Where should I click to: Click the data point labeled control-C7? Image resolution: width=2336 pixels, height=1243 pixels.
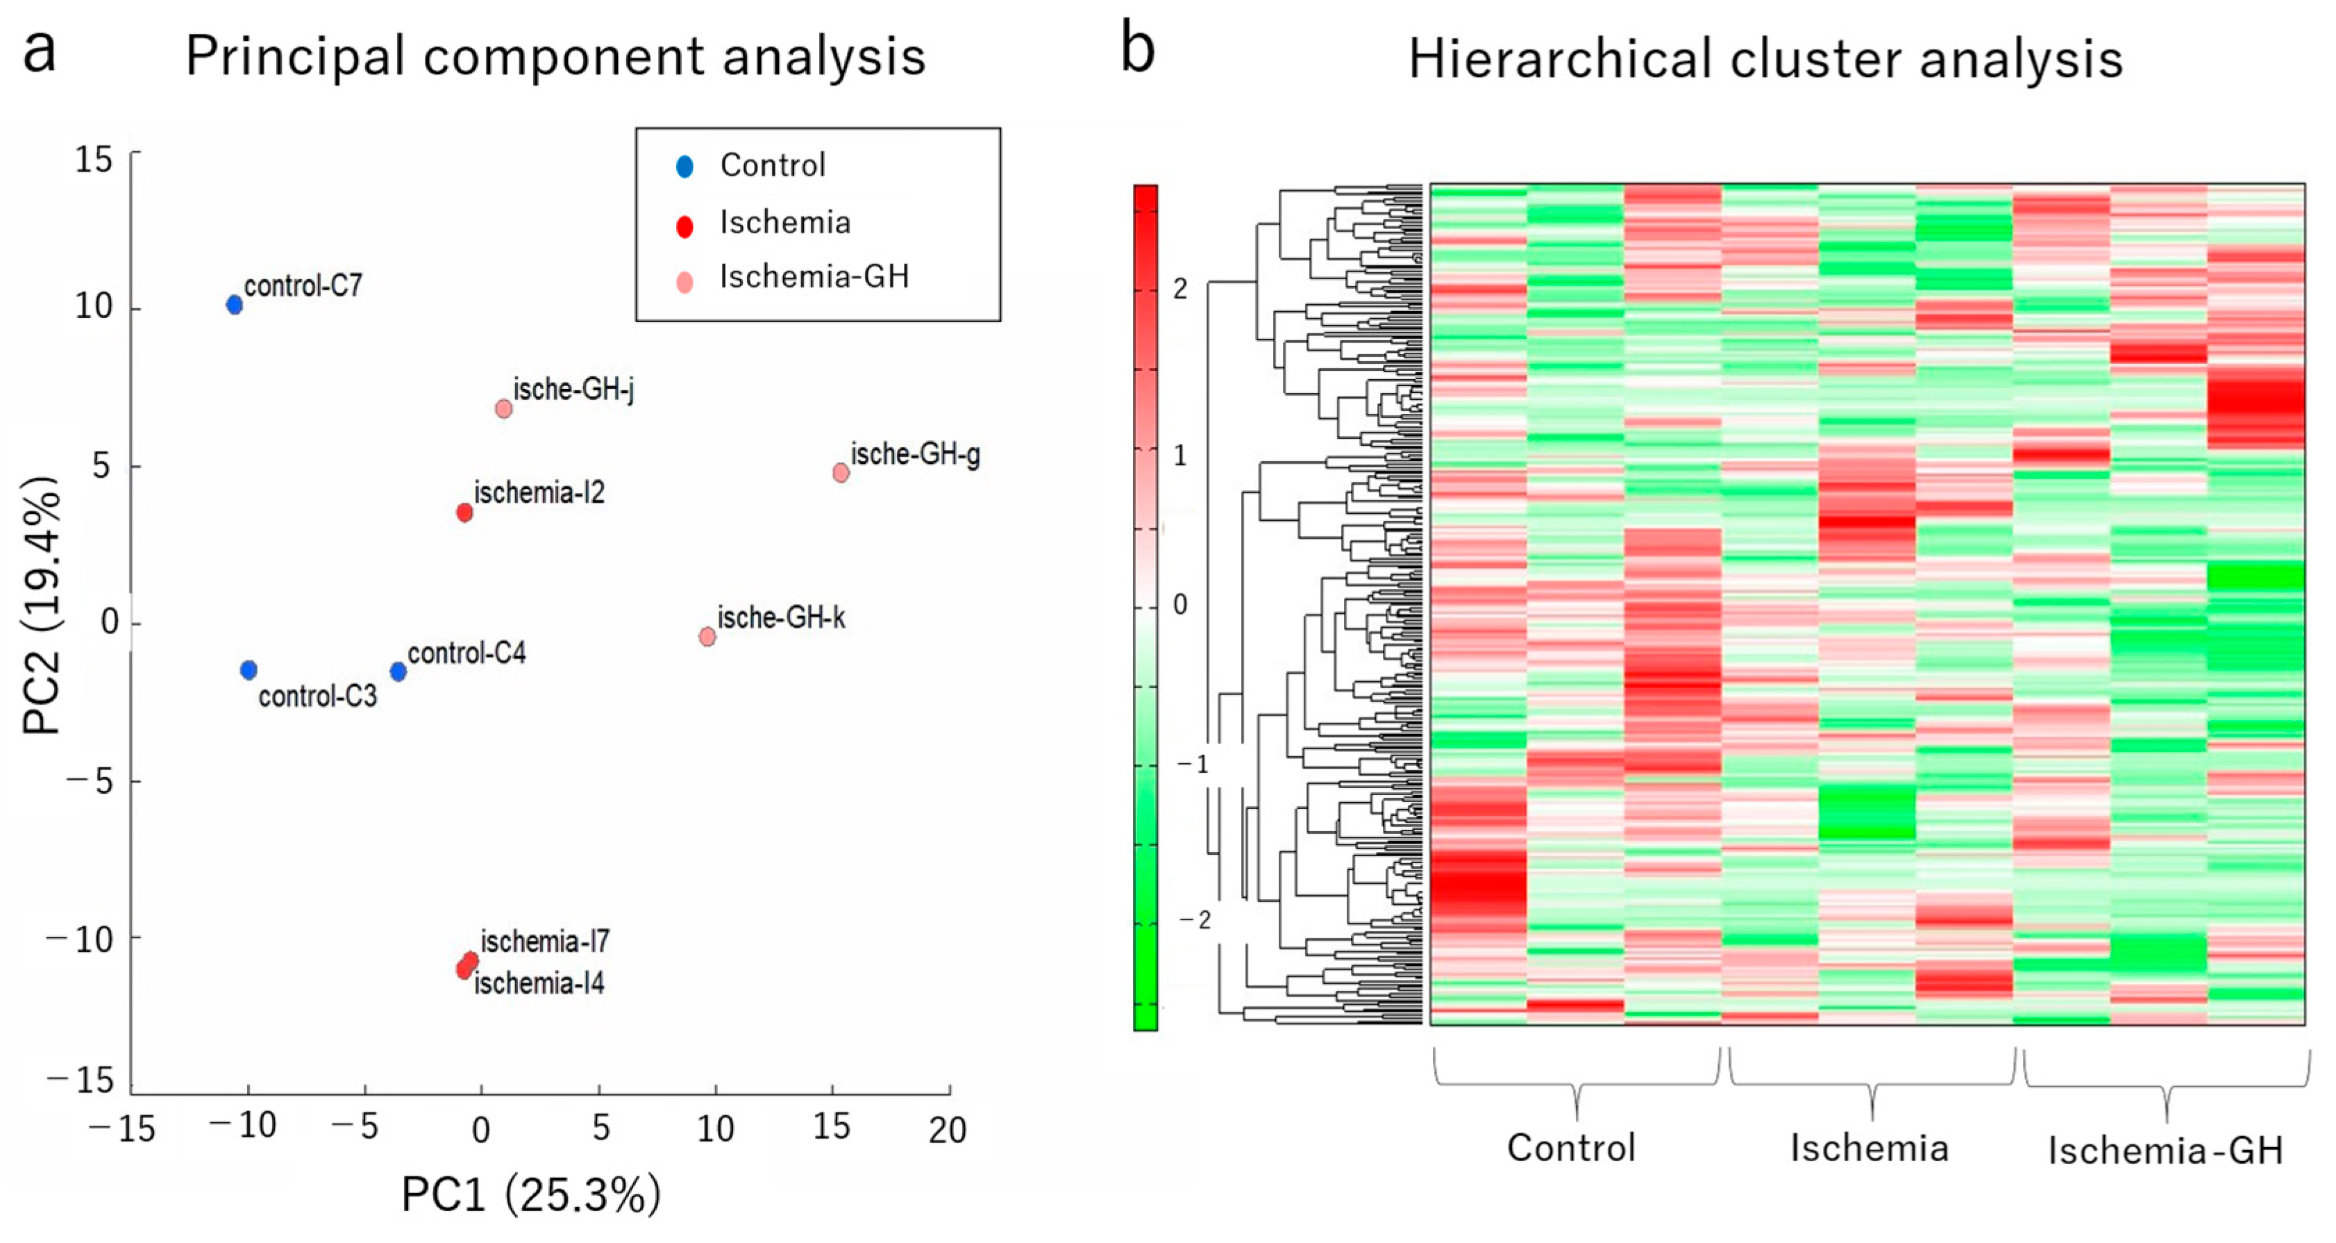pyautogui.click(x=234, y=305)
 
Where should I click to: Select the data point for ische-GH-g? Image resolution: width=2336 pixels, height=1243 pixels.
pyautogui.click(x=841, y=473)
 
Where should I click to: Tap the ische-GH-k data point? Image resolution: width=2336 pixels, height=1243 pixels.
pyautogui.click(x=707, y=636)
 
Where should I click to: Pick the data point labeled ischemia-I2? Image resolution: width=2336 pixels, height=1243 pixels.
pyautogui.click(x=464, y=512)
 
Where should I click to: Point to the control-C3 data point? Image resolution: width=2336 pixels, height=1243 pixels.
pyautogui.click(x=249, y=669)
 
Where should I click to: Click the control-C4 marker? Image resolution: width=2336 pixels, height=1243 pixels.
pyautogui.click(x=398, y=671)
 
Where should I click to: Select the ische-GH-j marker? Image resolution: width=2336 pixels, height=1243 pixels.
pyautogui.click(x=503, y=408)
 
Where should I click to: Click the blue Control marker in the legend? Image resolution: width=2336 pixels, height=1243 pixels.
pyautogui.click(x=684, y=166)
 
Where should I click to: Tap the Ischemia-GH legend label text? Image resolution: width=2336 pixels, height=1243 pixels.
pyautogui.click(x=814, y=277)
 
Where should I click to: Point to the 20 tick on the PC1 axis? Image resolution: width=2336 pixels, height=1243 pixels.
pyautogui.click(x=948, y=1131)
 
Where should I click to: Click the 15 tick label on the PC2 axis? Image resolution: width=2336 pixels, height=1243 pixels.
pyautogui.click(x=94, y=160)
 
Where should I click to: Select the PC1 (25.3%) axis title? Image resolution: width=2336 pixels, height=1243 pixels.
pyautogui.click(x=531, y=1195)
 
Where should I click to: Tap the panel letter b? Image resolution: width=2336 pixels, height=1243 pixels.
pyautogui.click(x=1137, y=50)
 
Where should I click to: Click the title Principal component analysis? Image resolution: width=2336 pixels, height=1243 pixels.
pyautogui.click(x=555, y=56)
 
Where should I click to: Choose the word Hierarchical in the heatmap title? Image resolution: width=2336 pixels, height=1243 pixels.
pyautogui.click(x=1560, y=60)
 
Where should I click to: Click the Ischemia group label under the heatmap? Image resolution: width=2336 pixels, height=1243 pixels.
pyautogui.click(x=1869, y=1149)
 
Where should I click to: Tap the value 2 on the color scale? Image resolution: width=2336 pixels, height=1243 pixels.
pyautogui.click(x=1179, y=288)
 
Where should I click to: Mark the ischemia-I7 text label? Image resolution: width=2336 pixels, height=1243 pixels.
pyautogui.click(x=545, y=942)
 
